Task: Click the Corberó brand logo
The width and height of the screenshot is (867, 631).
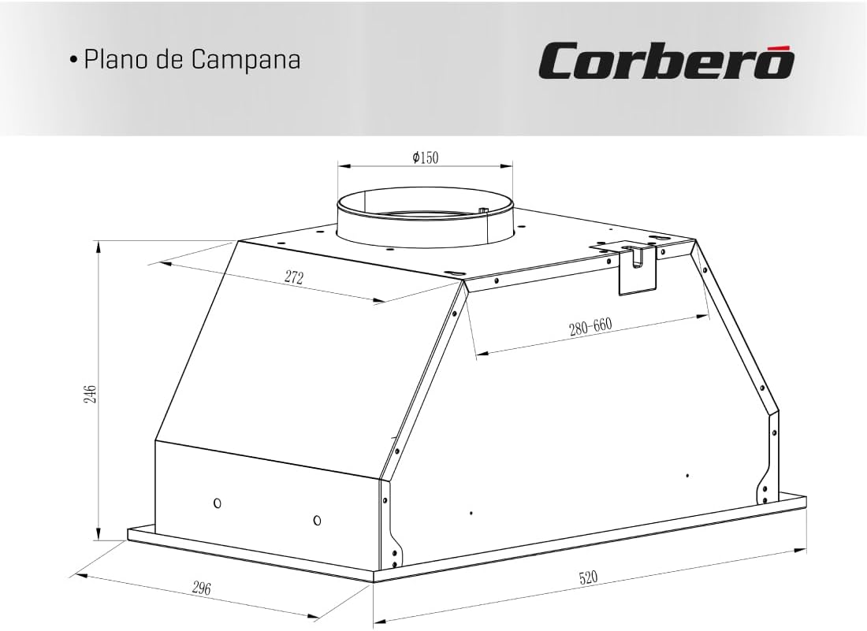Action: click(x=667, y=60)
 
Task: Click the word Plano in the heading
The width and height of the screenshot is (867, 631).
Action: click(x=116, y=59)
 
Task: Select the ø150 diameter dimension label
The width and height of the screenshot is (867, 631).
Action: click(x=425, y=158)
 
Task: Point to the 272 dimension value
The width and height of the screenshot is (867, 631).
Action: click(x=294, y=277)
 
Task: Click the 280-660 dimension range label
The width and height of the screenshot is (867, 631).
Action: click(x=590, y=327)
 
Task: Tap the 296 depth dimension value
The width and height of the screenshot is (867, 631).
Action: click(x=202, y=588)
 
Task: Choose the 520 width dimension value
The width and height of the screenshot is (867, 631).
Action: click(x=588, y=577)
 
